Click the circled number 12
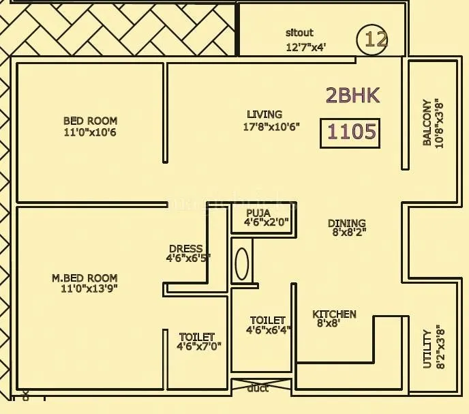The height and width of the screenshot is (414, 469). coord(373,39)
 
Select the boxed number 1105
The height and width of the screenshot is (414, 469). coord(350,132)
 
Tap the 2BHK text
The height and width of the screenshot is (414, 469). coord(352,95)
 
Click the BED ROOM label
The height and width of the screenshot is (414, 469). coord(89,121)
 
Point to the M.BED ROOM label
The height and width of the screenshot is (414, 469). coord(85,278)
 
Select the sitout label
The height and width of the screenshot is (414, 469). coord(299,33)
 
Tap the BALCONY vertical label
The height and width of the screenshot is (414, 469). coord(427,123)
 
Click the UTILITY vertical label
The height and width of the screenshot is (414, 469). coord(427,349)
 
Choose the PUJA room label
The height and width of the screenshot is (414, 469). coord(258,213)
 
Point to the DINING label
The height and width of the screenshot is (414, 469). coord(346,223)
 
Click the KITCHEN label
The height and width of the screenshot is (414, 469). coord(334,314)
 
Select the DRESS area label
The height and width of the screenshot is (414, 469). coord(185,248)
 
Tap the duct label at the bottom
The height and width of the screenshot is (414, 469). coord(258,388)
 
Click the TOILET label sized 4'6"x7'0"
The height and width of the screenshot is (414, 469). coord(196,337)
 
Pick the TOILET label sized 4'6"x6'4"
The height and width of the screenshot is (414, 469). coord(267,320)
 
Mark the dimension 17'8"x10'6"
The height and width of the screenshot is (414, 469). coord(271,127)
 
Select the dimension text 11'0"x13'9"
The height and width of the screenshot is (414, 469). coord(89,289)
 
